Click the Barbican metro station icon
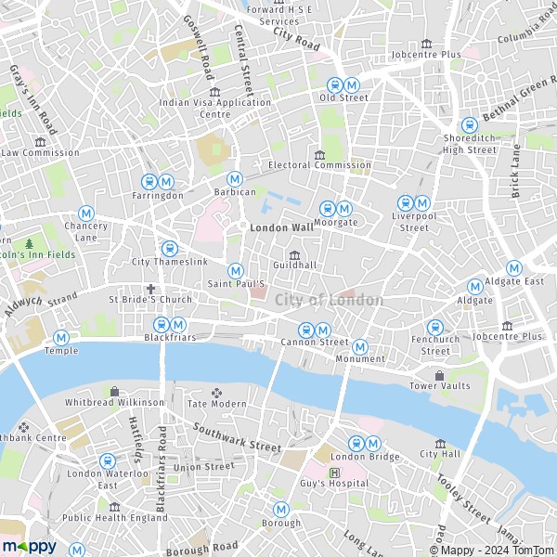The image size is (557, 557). tap(235, 178)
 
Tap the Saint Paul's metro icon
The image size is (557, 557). tap(236, 270)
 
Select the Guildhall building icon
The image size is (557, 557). tap(295, 255)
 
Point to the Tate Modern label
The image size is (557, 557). tap(217, 404)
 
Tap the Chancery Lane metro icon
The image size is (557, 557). tap(86, 213)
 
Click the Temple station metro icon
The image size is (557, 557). tap(61, 337)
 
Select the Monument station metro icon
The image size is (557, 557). tap(360, 346)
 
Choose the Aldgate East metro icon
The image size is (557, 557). tap(513, 268)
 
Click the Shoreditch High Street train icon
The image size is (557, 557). tap(469, 124)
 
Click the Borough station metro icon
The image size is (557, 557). tap(280, 510)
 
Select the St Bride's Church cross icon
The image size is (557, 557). tap(149, 289)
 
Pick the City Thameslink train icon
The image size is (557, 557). tap(169, 249)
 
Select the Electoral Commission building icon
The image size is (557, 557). tap(319, 154)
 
